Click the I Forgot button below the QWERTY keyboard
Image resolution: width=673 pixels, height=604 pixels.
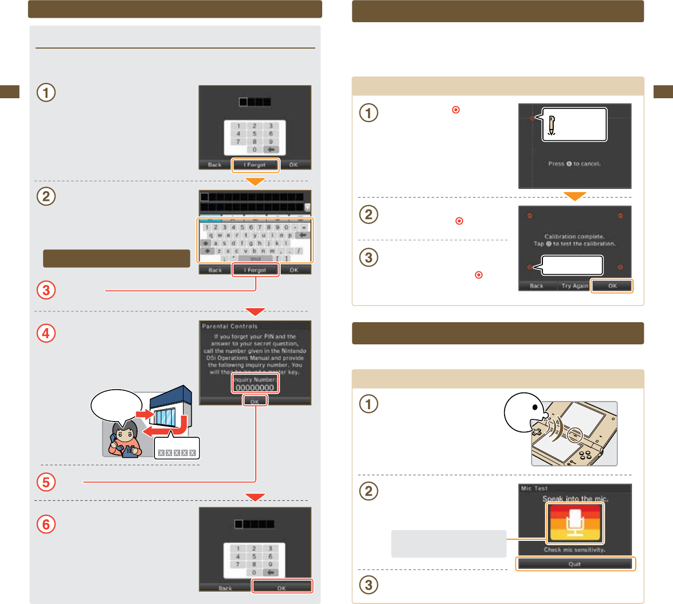point(256,270)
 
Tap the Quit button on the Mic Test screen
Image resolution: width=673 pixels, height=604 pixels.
point(575,564)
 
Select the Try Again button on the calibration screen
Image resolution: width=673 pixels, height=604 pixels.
point(574,286)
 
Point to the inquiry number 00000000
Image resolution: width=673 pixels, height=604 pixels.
point(255,388)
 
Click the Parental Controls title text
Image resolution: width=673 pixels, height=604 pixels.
point(230,326)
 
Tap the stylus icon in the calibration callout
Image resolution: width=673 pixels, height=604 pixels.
point(551,125)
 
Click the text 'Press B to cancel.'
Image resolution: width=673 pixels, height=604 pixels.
point(574,164)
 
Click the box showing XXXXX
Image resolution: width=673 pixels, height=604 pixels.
point(177,452)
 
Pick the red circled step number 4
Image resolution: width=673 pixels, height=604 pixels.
point(46,333)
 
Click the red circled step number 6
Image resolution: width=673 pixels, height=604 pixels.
point(46,524)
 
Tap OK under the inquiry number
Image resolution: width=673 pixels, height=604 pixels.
point(255,401)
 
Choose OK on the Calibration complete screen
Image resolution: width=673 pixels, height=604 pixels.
point(612,286)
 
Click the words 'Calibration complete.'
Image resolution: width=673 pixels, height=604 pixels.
point(574,236)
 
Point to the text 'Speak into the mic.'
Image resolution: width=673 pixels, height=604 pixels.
point(575,499)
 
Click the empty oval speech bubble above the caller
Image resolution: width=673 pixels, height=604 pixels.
point(117,405)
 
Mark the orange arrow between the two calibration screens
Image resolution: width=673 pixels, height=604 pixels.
point(575,196)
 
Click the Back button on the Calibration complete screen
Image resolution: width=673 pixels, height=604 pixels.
point(536,286)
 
